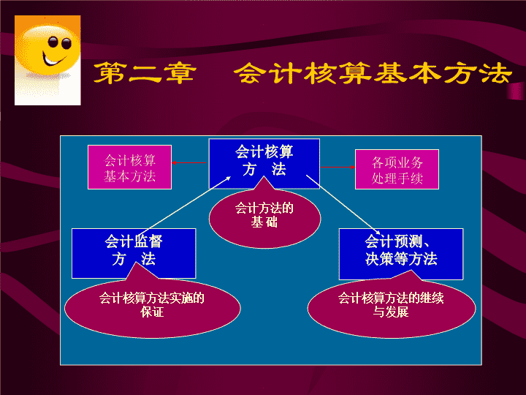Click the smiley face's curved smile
[x=53, y=61]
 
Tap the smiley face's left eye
[x=53, y=42]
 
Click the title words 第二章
[x=145, y=73]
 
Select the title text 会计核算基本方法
[x=373, y=73]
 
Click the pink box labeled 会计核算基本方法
[x=129, y=168]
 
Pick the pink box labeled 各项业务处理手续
[x=397, y=169]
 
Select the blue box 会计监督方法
[x=134, y=253]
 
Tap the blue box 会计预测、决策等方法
[x=401, y=254]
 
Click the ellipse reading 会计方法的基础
[x=264, y=218]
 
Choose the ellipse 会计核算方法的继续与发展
[x=392, y=307]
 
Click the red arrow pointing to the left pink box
[x=189, y=163]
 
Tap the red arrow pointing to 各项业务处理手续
[x=338, y=167]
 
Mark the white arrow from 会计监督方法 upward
[x=184, y=206]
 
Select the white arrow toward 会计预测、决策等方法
[x=343, y=205]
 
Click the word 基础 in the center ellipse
[x=264, y=222]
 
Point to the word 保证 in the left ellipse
[x=152, y=312]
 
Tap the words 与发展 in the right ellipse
[x=391, y=312]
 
